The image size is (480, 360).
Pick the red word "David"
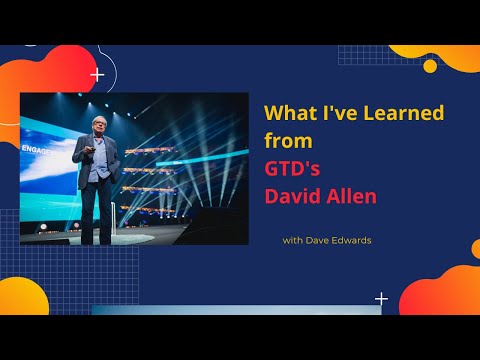[291, 196]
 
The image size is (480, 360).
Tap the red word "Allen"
[349, 196]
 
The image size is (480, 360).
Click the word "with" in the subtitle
[293, 241]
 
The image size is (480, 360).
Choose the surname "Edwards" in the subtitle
[357, 241]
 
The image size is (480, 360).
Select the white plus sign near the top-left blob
[97, 74]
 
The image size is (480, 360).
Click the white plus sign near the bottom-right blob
[381, 298]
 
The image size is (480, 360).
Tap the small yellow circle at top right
[430, 66]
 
